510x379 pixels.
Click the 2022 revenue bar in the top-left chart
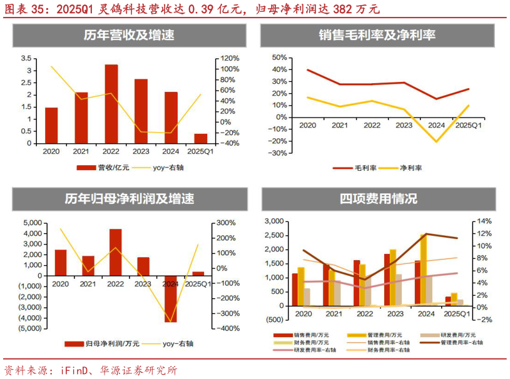tap(111, 104)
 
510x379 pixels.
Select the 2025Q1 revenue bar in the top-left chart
tap(201, 138)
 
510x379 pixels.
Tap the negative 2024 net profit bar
tap(171, 299)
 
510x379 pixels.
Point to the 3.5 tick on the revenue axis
tap(26, 58)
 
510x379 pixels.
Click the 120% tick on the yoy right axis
tap(228, 58)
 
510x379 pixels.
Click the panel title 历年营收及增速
tap(129, 36)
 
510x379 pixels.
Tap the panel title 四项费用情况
tap(378, 199)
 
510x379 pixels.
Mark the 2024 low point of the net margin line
tap(436, 141)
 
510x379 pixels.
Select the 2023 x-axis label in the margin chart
tap(404, 126)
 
